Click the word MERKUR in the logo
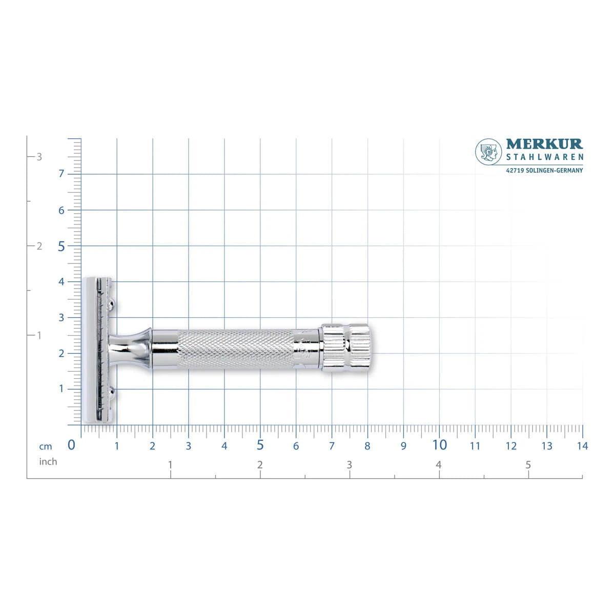click(544, 144)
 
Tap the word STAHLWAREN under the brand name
click(544, 157)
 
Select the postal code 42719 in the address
click(515, 171)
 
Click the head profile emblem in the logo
click(488, 152)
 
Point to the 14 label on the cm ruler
click(582, 446)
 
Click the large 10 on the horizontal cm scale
click(439, 445)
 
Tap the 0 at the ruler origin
click(71, 445)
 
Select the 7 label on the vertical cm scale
click(61, 174)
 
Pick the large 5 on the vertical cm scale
click(61, 247)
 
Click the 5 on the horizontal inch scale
click(528, 465)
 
